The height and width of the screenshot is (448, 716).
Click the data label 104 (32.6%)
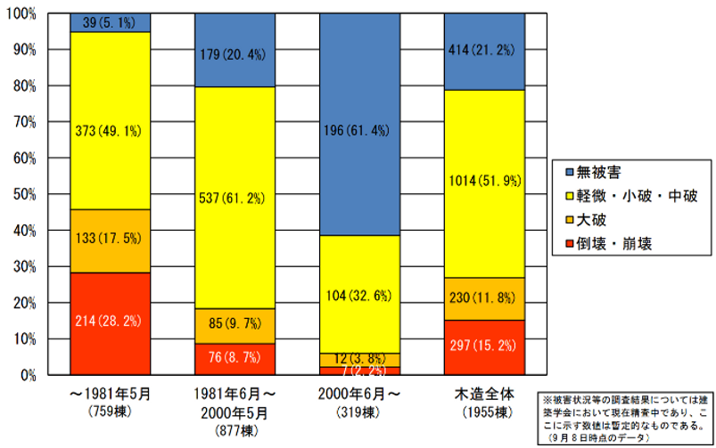point(359,297)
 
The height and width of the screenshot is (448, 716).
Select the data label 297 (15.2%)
point(484,346)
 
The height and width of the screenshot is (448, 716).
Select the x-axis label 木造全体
point(484,393)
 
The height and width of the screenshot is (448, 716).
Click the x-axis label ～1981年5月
point(110,393)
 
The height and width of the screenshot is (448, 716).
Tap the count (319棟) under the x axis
point(359,412)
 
